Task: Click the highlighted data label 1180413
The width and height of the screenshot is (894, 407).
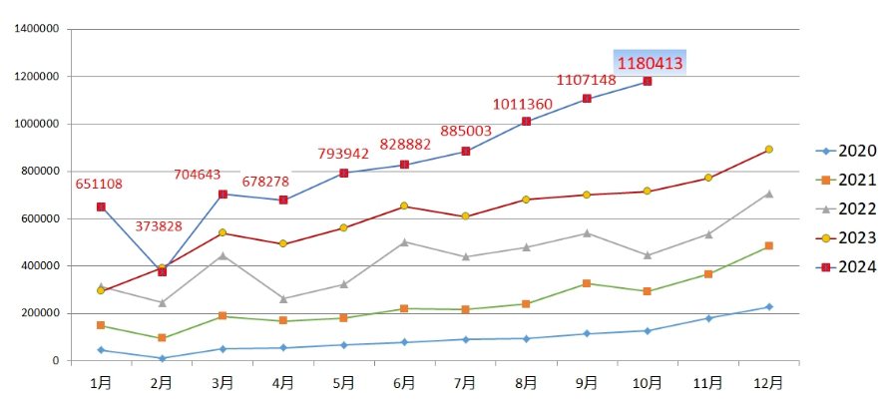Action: (x=650, y=63)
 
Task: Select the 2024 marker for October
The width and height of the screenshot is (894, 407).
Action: (x=648, y=81)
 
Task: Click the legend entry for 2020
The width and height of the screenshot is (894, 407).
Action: (x=846, y=152)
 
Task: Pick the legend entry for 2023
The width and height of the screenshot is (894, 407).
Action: (x=846, y=237)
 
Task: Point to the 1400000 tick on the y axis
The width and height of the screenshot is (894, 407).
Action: (x=37, y=29)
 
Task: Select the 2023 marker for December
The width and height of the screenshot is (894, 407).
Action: (x=768, y=150)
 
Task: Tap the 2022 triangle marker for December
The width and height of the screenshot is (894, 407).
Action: (x=768, y=194)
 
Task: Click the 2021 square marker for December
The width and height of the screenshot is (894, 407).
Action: (x=768, y=245)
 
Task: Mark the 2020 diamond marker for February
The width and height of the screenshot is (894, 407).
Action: (x=162, y=358)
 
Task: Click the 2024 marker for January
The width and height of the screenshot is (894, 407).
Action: (x=101, y=206)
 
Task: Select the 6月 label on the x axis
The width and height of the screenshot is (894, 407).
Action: (x=404, y=382)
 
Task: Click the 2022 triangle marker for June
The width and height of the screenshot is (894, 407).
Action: (x=404, y=241)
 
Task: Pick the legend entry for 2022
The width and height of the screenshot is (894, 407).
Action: (x=846, y=208)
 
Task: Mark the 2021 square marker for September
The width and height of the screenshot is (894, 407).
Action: (x=587, y=283)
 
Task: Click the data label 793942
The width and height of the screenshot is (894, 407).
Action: (x=343, y=154)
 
